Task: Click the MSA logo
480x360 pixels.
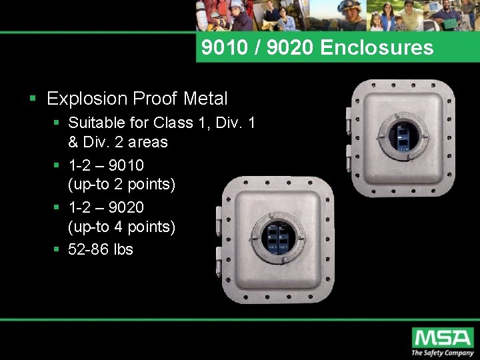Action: pyautogui.click(x=442, y=337)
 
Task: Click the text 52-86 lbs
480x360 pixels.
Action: pyautogui.click(x=101, y=249)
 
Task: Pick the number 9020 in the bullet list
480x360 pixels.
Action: pyautogui.click(x=125, y=207)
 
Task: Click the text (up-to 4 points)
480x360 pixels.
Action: pyautogui.click(x=121, y=227)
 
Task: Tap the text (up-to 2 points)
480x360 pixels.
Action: pyautogui.click(x=121, y=183)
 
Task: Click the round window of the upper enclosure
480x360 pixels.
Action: pyautogui.click(x=402, y=135)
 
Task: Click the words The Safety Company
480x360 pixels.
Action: pyautogui.click(x=441, y=353)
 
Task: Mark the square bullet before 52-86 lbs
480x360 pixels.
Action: pyautogui.click(x=57, y=250)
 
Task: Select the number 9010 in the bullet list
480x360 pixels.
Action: pyautogui.click(x=125, y=165)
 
